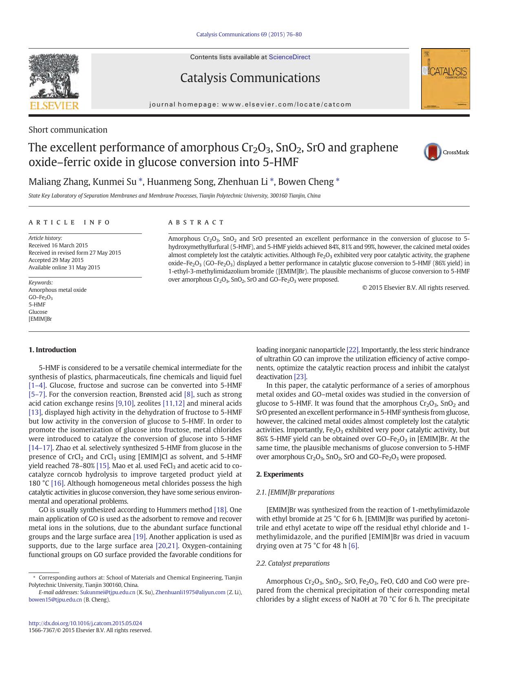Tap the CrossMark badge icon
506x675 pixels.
433,152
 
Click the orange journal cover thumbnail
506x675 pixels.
445,79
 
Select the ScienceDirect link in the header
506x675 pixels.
289,57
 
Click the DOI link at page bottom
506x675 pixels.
85,623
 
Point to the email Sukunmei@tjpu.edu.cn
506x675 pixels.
108,592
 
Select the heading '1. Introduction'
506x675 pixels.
52,350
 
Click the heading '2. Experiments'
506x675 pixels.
280,474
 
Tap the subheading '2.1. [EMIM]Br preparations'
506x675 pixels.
295,492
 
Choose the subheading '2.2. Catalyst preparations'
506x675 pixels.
293,563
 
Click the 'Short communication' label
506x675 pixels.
68,130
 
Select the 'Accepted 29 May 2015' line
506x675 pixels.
56,260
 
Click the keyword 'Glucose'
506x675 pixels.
38,312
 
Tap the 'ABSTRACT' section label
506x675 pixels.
196,222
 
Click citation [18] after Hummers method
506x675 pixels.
220,510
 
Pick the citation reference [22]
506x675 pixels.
352,350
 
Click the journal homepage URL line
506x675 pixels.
250,104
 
